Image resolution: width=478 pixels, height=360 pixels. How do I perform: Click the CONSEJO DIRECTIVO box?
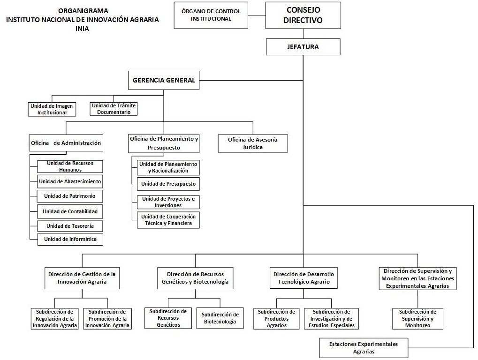303,15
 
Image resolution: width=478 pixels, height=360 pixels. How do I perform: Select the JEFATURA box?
303,47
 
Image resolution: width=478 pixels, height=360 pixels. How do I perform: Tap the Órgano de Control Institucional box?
211,15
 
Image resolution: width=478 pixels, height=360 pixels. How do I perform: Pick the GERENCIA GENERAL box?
164,80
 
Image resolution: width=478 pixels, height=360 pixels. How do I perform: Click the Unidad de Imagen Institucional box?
52,109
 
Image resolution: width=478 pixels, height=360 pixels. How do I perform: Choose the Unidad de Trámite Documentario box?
114,109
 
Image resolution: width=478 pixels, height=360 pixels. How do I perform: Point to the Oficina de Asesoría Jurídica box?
253,143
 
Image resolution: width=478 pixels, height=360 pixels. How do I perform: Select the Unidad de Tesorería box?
70,226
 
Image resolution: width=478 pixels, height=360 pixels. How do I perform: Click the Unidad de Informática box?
70,239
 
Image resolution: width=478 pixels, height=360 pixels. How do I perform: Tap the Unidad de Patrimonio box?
70,196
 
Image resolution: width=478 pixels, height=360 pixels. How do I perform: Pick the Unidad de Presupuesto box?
168,184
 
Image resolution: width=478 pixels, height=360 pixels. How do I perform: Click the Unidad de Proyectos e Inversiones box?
168,202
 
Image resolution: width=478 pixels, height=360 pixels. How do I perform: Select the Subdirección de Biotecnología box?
220,318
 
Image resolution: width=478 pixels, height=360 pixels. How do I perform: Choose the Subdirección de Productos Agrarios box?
277,318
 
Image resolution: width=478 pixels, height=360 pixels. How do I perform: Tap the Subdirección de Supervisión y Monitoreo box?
417,318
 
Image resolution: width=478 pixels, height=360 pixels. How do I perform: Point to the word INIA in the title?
82,28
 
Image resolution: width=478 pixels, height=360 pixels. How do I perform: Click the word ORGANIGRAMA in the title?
83,10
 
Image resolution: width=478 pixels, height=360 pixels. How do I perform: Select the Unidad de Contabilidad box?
70,211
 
